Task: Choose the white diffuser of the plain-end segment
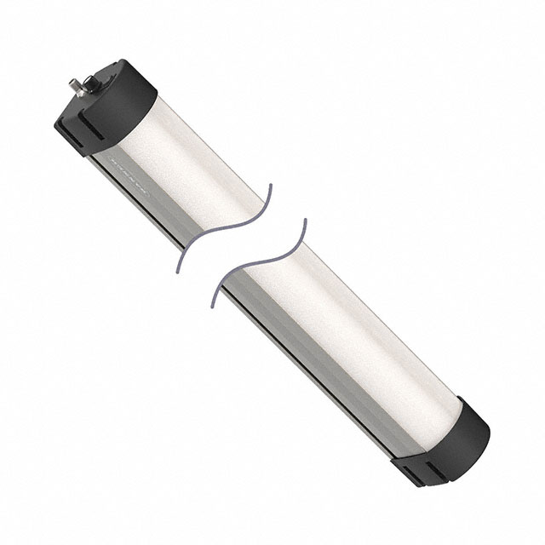[x=358, y=341]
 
